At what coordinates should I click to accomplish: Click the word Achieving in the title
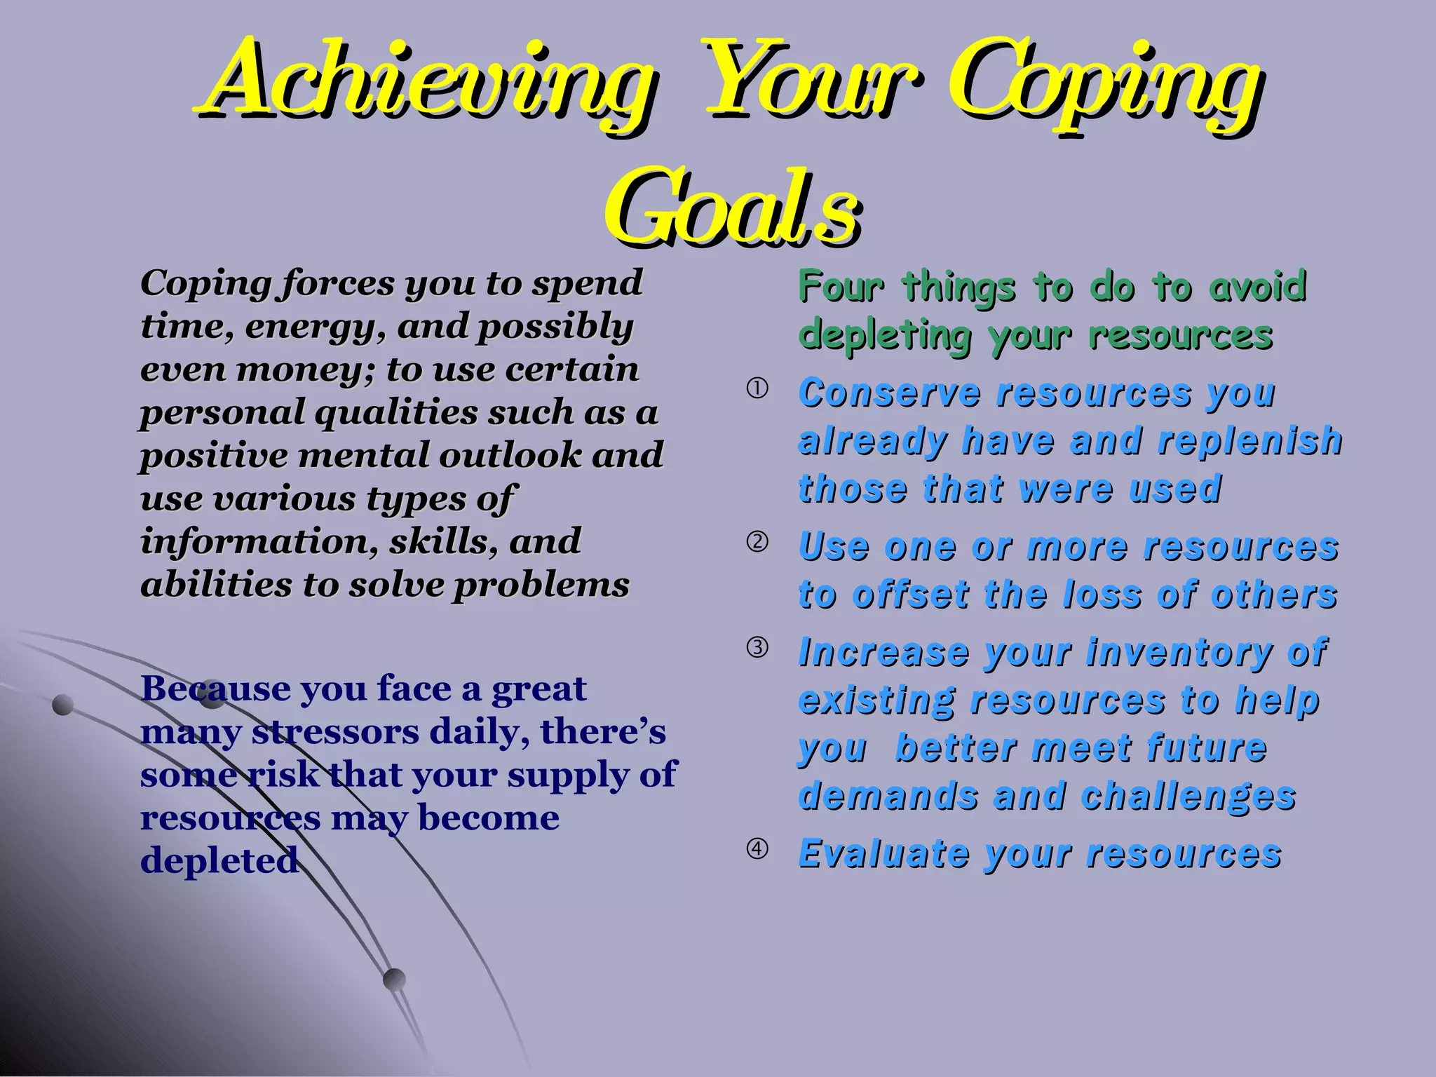428,81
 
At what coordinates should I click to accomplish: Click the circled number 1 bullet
757,389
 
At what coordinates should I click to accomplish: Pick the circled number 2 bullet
757,542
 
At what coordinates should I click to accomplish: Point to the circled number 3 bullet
757,647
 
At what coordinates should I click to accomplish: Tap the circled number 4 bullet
757,848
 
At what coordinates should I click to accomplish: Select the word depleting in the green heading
886,336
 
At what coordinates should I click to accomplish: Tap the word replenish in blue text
1249,441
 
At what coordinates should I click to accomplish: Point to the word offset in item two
910,595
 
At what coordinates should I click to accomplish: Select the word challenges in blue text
1188,797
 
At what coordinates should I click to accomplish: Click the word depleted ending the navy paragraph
219,861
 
